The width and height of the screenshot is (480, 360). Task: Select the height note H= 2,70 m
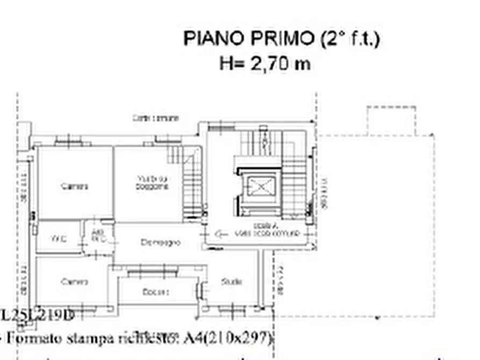(x=264, y=63)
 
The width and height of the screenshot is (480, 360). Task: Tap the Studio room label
(x=231, y=282)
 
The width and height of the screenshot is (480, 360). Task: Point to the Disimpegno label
(x=161, y=242)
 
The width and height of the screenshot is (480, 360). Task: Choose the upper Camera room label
(x=75, y=186)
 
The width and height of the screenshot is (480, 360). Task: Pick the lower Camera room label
(x=75, y=282)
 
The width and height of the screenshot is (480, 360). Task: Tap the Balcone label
(x=156, y=292)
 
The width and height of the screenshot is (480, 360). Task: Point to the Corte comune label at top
(x=156, y=118)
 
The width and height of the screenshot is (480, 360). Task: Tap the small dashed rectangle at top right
(x=391, y=120)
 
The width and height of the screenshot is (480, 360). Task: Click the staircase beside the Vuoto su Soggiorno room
(x=191, y=188)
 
